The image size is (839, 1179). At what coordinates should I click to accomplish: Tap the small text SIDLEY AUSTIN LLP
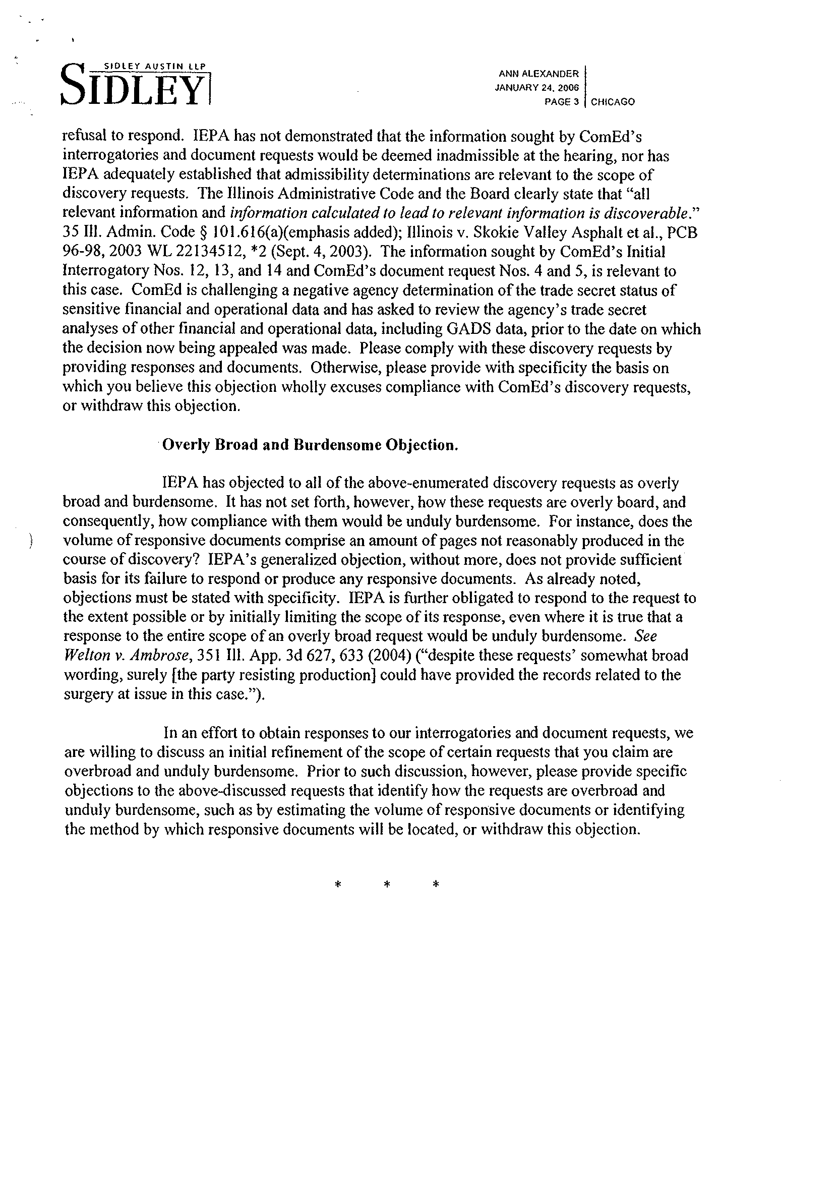coord(154,66)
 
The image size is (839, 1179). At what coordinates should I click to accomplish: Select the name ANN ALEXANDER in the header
coord(539,75)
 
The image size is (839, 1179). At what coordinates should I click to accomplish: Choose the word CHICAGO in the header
coord(613,102)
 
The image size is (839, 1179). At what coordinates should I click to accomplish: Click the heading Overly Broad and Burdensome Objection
coord(310,445)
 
